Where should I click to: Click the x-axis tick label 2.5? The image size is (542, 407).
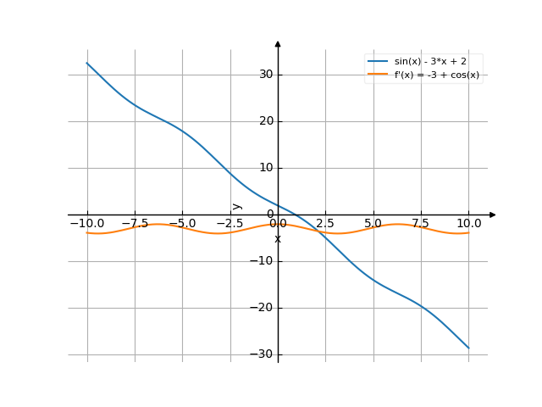point(325,223)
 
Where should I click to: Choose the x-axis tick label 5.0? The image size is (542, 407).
point(373,223)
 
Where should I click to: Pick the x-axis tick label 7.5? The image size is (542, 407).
point(421,223)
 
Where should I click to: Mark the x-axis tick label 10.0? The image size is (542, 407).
point(468,223)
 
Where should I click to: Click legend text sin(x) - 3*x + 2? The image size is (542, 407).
point(430,62)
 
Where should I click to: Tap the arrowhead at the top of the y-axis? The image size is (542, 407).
point(278,43)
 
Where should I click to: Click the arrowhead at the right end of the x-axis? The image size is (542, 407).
point(493,215)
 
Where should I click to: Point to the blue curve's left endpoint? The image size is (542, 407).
point(87,63)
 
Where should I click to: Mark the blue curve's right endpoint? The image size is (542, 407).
point(468,348)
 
